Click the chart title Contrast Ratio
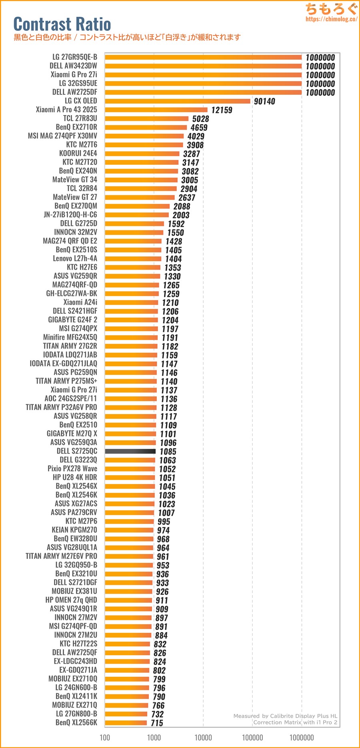coord(62,24)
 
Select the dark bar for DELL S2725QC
coord(130,451)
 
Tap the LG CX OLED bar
coord(177,101)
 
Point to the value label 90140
coord(264,101)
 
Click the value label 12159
coord(222,110)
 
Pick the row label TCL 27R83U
coord(80,118)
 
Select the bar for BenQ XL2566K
coord(126,722)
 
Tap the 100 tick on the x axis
coord(105,737)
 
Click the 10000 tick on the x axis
coord(203,737)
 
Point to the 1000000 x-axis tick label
coord(302,737)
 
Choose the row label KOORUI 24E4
coord(78,153)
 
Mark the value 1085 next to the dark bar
coord(168,452)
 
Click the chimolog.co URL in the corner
coord(331,19)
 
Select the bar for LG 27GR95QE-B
coord(203,57)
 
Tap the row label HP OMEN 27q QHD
coord(71,600)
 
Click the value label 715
coord(157,723)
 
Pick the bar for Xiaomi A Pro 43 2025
coord(156,110)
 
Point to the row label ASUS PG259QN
coord(75,372)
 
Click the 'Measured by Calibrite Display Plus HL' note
coord(285,716)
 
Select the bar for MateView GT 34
coord(141,180)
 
